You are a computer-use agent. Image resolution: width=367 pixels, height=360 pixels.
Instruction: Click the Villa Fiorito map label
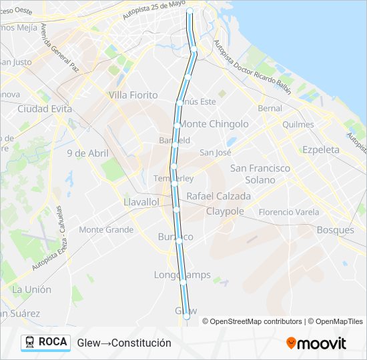pos(133,95)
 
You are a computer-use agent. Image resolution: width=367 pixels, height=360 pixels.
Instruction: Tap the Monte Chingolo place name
pos(214,124)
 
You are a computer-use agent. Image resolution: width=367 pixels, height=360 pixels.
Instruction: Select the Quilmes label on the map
pos(298,125)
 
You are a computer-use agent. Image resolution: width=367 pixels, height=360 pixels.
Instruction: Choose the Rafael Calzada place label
pos(219,197)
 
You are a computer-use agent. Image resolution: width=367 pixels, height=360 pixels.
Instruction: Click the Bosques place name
pos(336,230)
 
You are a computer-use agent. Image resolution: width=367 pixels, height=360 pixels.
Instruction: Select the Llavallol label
pos(141,201)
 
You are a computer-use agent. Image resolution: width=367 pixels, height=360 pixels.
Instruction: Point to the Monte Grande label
pos(106,230)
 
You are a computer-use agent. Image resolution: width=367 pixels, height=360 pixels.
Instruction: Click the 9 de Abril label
pos(87,153)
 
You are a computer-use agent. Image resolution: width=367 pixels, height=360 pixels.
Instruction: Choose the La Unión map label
pos(31,289)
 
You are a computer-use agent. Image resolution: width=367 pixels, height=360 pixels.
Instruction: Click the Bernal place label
pos(270,108)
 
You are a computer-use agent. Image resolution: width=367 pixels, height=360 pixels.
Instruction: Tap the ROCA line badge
pos(45,342)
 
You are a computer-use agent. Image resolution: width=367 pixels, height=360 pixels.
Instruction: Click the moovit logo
pos(316,343)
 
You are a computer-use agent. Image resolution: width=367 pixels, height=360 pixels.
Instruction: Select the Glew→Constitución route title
pos(124,343)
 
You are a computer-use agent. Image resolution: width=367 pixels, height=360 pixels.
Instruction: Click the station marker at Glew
pos(187,318)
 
